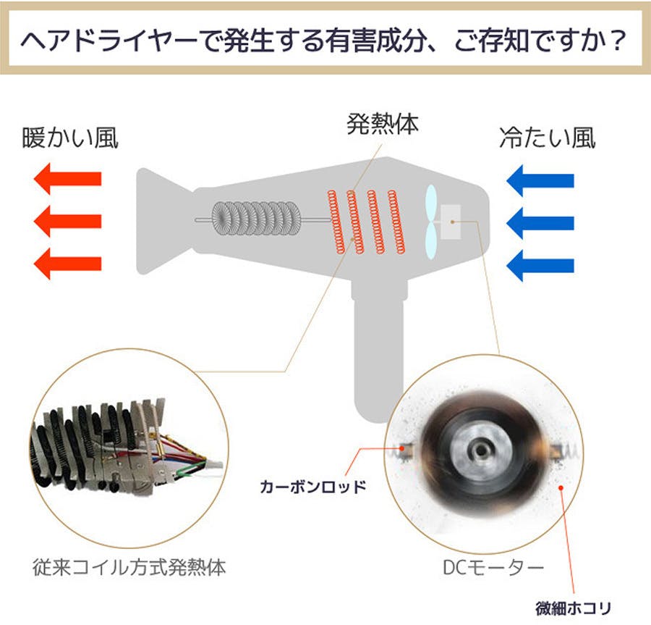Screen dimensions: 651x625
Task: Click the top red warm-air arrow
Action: tap(68, 179)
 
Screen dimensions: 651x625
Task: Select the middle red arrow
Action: tap(68, 221)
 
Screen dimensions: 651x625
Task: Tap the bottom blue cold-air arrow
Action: tap(540, 266)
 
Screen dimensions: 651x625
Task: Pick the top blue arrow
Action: tap(540, 181)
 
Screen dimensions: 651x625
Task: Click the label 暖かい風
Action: tap(70, 138)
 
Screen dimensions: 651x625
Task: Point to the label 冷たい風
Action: tap(548, 138)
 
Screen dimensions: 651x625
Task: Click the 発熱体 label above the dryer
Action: tap(383, 124)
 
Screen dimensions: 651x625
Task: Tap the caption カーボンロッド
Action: tap(312, 487)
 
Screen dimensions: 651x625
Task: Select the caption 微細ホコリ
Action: tap(574, 608)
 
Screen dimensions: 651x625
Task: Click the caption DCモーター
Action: tap(493, 567)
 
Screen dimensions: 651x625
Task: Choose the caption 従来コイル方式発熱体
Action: tap(129, 567)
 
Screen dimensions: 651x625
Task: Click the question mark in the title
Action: tap(618, 41)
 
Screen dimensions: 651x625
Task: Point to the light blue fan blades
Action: tap(431, 222)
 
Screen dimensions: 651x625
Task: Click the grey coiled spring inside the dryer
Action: tap(256, 220)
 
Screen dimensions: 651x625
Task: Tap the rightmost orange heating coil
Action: tap(396, 222)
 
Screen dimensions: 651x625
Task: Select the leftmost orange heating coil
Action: tap(336, 222)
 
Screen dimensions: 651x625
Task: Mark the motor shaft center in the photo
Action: tap(481, 450)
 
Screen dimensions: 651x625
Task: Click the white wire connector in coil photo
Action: tap(214, 466)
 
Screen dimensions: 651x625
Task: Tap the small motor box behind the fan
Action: tap(451, 222)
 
